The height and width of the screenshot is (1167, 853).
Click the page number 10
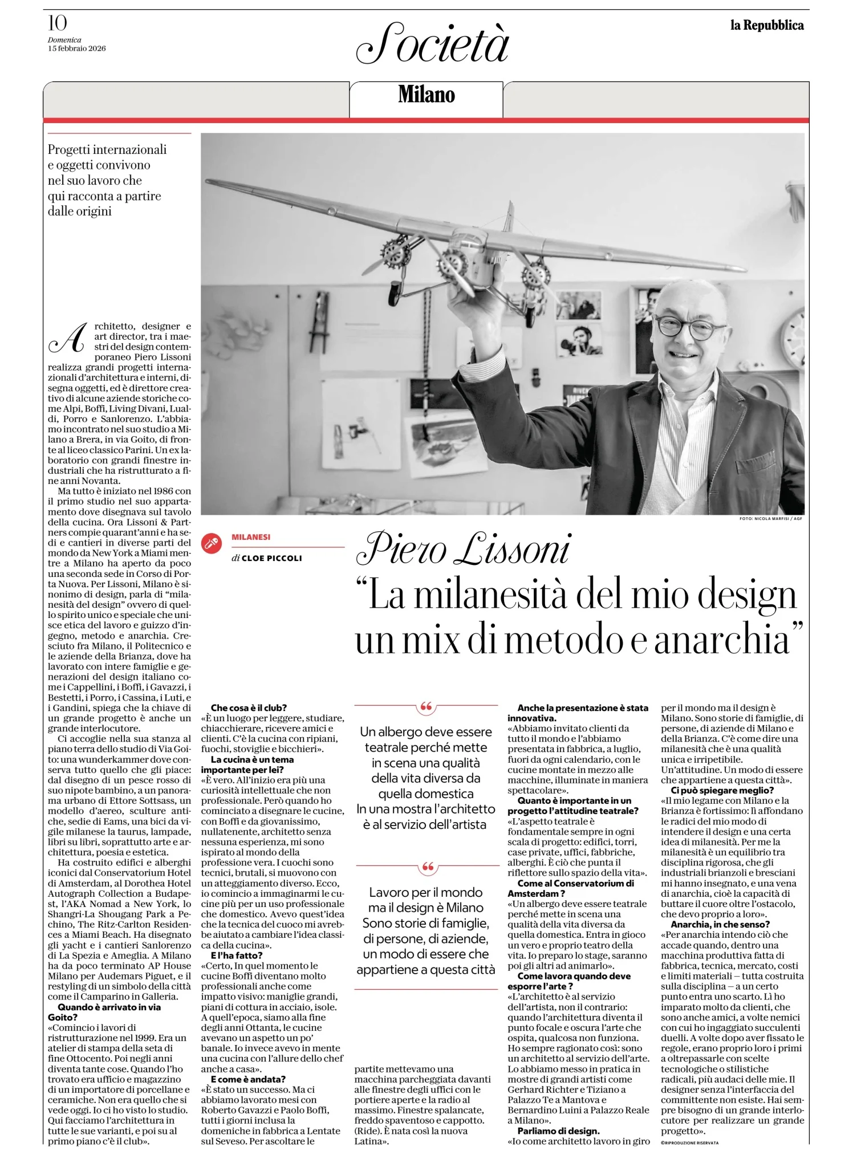click(x=58, y=23)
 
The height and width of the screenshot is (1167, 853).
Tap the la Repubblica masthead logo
click(x=767, y=25)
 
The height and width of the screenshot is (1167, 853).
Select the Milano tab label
click(x=426, y=95)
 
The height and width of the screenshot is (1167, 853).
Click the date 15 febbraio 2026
click(x=76, y=48)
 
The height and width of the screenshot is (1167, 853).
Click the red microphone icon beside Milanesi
click(x=212, y=543)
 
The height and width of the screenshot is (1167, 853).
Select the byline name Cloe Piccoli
click(x=271, y=558)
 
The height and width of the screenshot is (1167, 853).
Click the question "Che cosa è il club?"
click(x=249, y=708)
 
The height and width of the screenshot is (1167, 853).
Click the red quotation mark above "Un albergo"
click(x=426, y=708)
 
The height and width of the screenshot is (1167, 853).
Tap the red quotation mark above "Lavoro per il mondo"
click(x=426, y=868)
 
